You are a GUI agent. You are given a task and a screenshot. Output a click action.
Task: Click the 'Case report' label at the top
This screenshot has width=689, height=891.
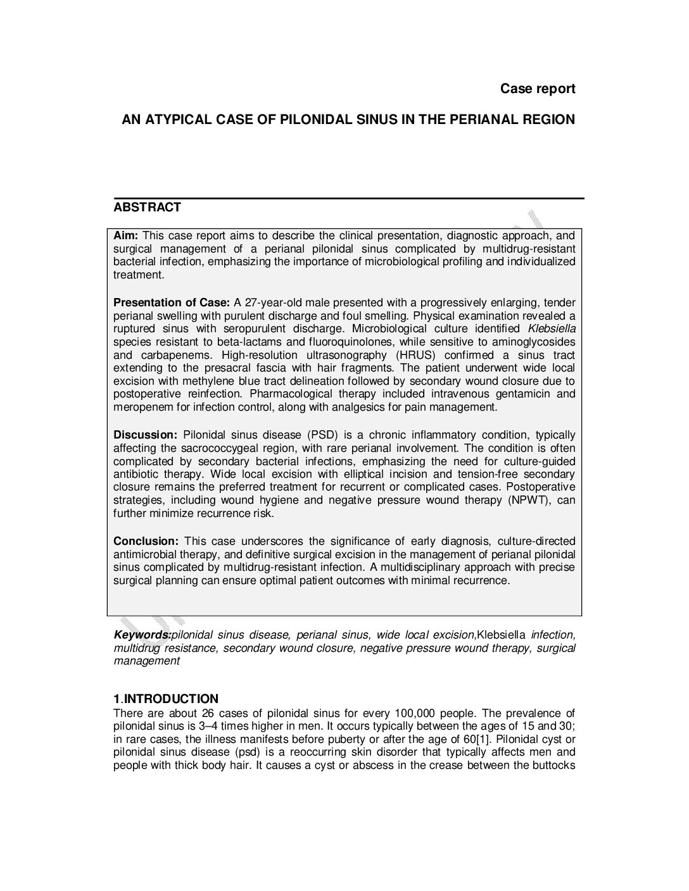click(x=538, y=89)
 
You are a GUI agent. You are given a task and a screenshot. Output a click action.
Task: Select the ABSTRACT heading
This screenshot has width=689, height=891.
click(x=147, y=208)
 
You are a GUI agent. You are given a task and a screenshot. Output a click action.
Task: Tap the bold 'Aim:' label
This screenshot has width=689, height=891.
click(x=125, y=235)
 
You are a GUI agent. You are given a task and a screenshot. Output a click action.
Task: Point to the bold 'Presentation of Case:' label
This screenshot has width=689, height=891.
click(x=171, y=302)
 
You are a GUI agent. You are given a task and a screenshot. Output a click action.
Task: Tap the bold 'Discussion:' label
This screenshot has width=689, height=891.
click(x=145, y=435)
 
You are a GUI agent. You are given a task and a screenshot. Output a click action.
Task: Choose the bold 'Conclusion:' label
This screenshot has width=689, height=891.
click(x=146, y=541)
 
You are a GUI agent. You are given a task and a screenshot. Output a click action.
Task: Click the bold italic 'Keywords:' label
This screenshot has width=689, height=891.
click(x=142, y=635)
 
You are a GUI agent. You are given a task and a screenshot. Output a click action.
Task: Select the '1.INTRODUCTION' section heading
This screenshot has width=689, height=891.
click(x=166, y=699)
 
